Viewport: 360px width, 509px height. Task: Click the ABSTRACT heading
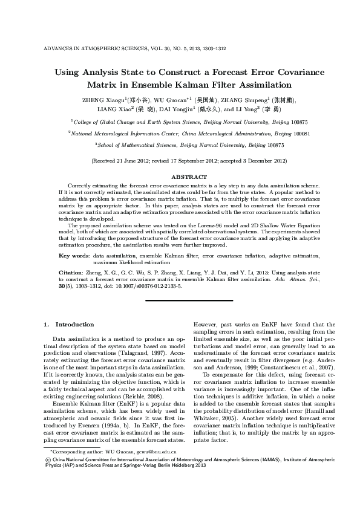coord(181,177)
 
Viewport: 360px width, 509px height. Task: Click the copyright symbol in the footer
coord(48,476)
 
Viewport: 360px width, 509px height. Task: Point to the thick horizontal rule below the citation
coord(180,300)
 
